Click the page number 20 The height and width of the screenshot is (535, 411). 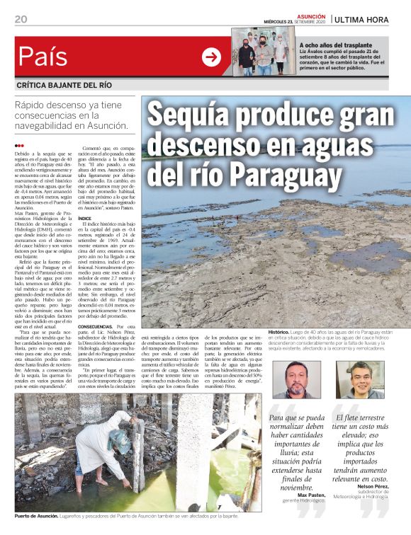(x=21, y=19)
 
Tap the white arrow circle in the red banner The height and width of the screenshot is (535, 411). (x=211, y=57)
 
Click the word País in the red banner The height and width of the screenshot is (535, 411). (x=43, y=57)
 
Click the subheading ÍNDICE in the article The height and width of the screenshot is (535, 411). (x=84, y=219)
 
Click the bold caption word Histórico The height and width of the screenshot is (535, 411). (x=278, y=332)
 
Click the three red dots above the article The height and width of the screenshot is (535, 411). (x=19, y=146)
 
